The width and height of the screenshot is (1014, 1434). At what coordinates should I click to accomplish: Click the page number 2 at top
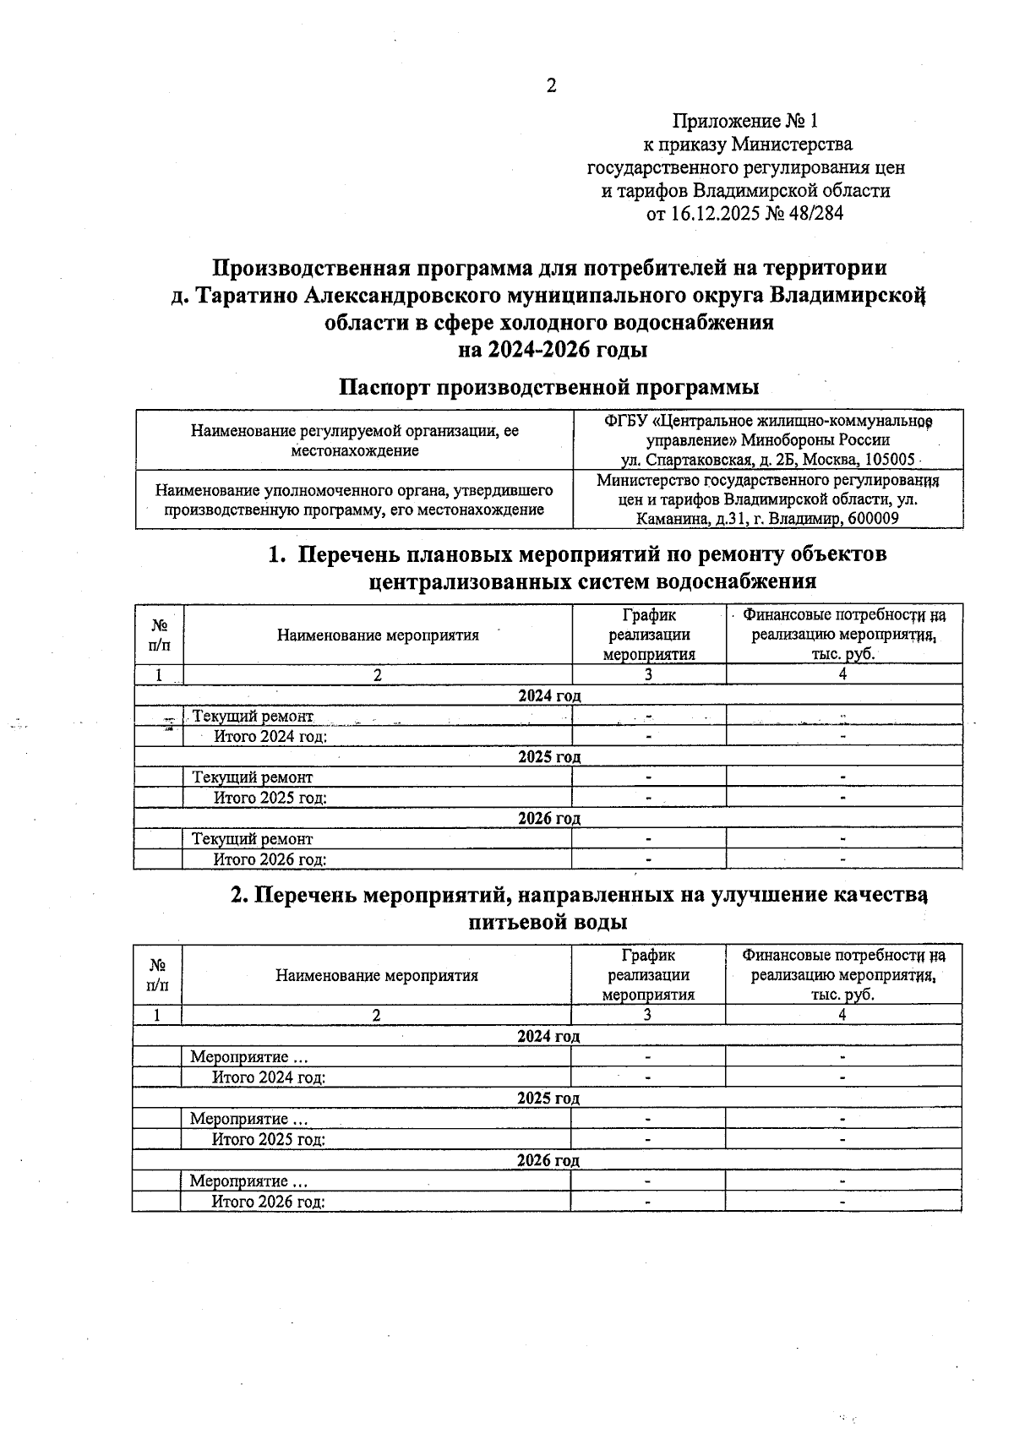click(x=551, y=85)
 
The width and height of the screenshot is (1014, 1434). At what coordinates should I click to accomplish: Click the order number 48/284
click(x=815, y=214)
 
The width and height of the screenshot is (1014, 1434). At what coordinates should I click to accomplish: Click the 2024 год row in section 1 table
click(x=548, y=695)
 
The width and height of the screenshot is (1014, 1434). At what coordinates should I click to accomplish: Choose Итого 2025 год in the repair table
click(x=270, y=797)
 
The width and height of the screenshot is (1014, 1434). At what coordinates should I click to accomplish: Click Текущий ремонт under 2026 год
click(x=252, y=839)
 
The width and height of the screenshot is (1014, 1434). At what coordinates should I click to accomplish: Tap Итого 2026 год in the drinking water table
click(x=268, y=1202)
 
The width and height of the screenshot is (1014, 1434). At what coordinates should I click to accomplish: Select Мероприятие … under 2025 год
click(x=248, y=1119)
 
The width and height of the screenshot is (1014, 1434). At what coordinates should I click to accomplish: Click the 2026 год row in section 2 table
click(x=548, y=1160)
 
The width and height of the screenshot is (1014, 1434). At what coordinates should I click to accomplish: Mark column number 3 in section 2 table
click(x=647, y=1015)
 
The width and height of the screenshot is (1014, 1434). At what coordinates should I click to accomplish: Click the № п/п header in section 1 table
click(x=159, y=635)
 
